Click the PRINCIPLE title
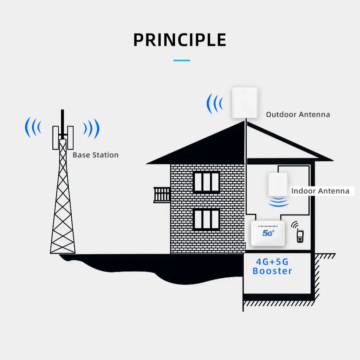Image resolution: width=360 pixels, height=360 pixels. click(179, 40)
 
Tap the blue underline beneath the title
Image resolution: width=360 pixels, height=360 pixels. click(181, 60)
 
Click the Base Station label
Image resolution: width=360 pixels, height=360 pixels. click(95, 155)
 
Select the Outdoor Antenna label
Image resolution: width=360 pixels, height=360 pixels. click(298, 114)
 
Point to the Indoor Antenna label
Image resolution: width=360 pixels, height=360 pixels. click(320, 191)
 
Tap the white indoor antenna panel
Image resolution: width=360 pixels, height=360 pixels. click(278, 184)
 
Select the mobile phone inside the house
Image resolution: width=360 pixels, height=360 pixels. click(300, 236)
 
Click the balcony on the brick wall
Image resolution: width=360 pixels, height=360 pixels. click(162, 195)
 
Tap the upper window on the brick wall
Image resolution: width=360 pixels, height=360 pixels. click(206, 182)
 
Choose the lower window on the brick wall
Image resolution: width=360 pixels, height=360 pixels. click(206, 220)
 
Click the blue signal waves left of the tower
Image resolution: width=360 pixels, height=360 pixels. click(33, 128)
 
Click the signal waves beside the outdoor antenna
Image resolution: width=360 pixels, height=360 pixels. click(214, 104)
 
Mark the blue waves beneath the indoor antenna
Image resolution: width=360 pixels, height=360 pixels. click(278, 202)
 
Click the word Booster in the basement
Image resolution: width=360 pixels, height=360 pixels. click(272, 271)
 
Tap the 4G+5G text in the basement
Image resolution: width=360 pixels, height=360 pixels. click(272, 262)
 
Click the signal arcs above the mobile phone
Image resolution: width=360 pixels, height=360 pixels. click(295, 225)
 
